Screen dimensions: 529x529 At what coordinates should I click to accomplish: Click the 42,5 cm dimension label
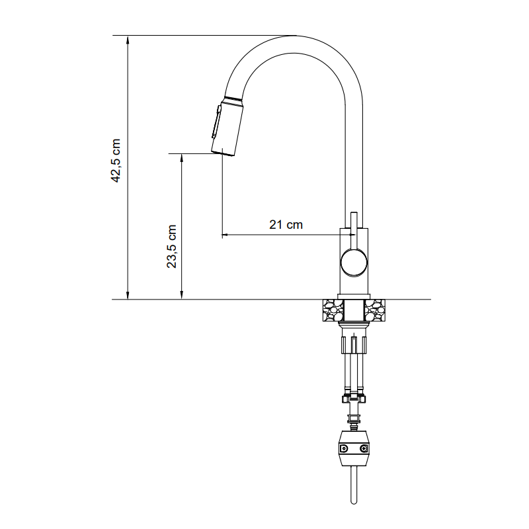coord(116,161)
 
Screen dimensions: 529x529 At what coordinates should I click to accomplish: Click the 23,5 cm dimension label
coord(171,246)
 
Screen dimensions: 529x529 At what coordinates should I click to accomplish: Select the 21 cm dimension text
coord(286,225)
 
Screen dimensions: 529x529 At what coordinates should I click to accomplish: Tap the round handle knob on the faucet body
coord(354,263)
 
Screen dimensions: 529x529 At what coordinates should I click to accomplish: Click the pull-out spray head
coord(227,126)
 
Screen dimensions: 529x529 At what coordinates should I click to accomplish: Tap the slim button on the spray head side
coord(216,122)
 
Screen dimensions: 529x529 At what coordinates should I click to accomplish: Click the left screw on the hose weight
coord(344,448)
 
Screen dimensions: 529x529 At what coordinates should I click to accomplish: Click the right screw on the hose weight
coord(363,448)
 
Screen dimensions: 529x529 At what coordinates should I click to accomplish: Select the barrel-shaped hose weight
coord(354,448)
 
